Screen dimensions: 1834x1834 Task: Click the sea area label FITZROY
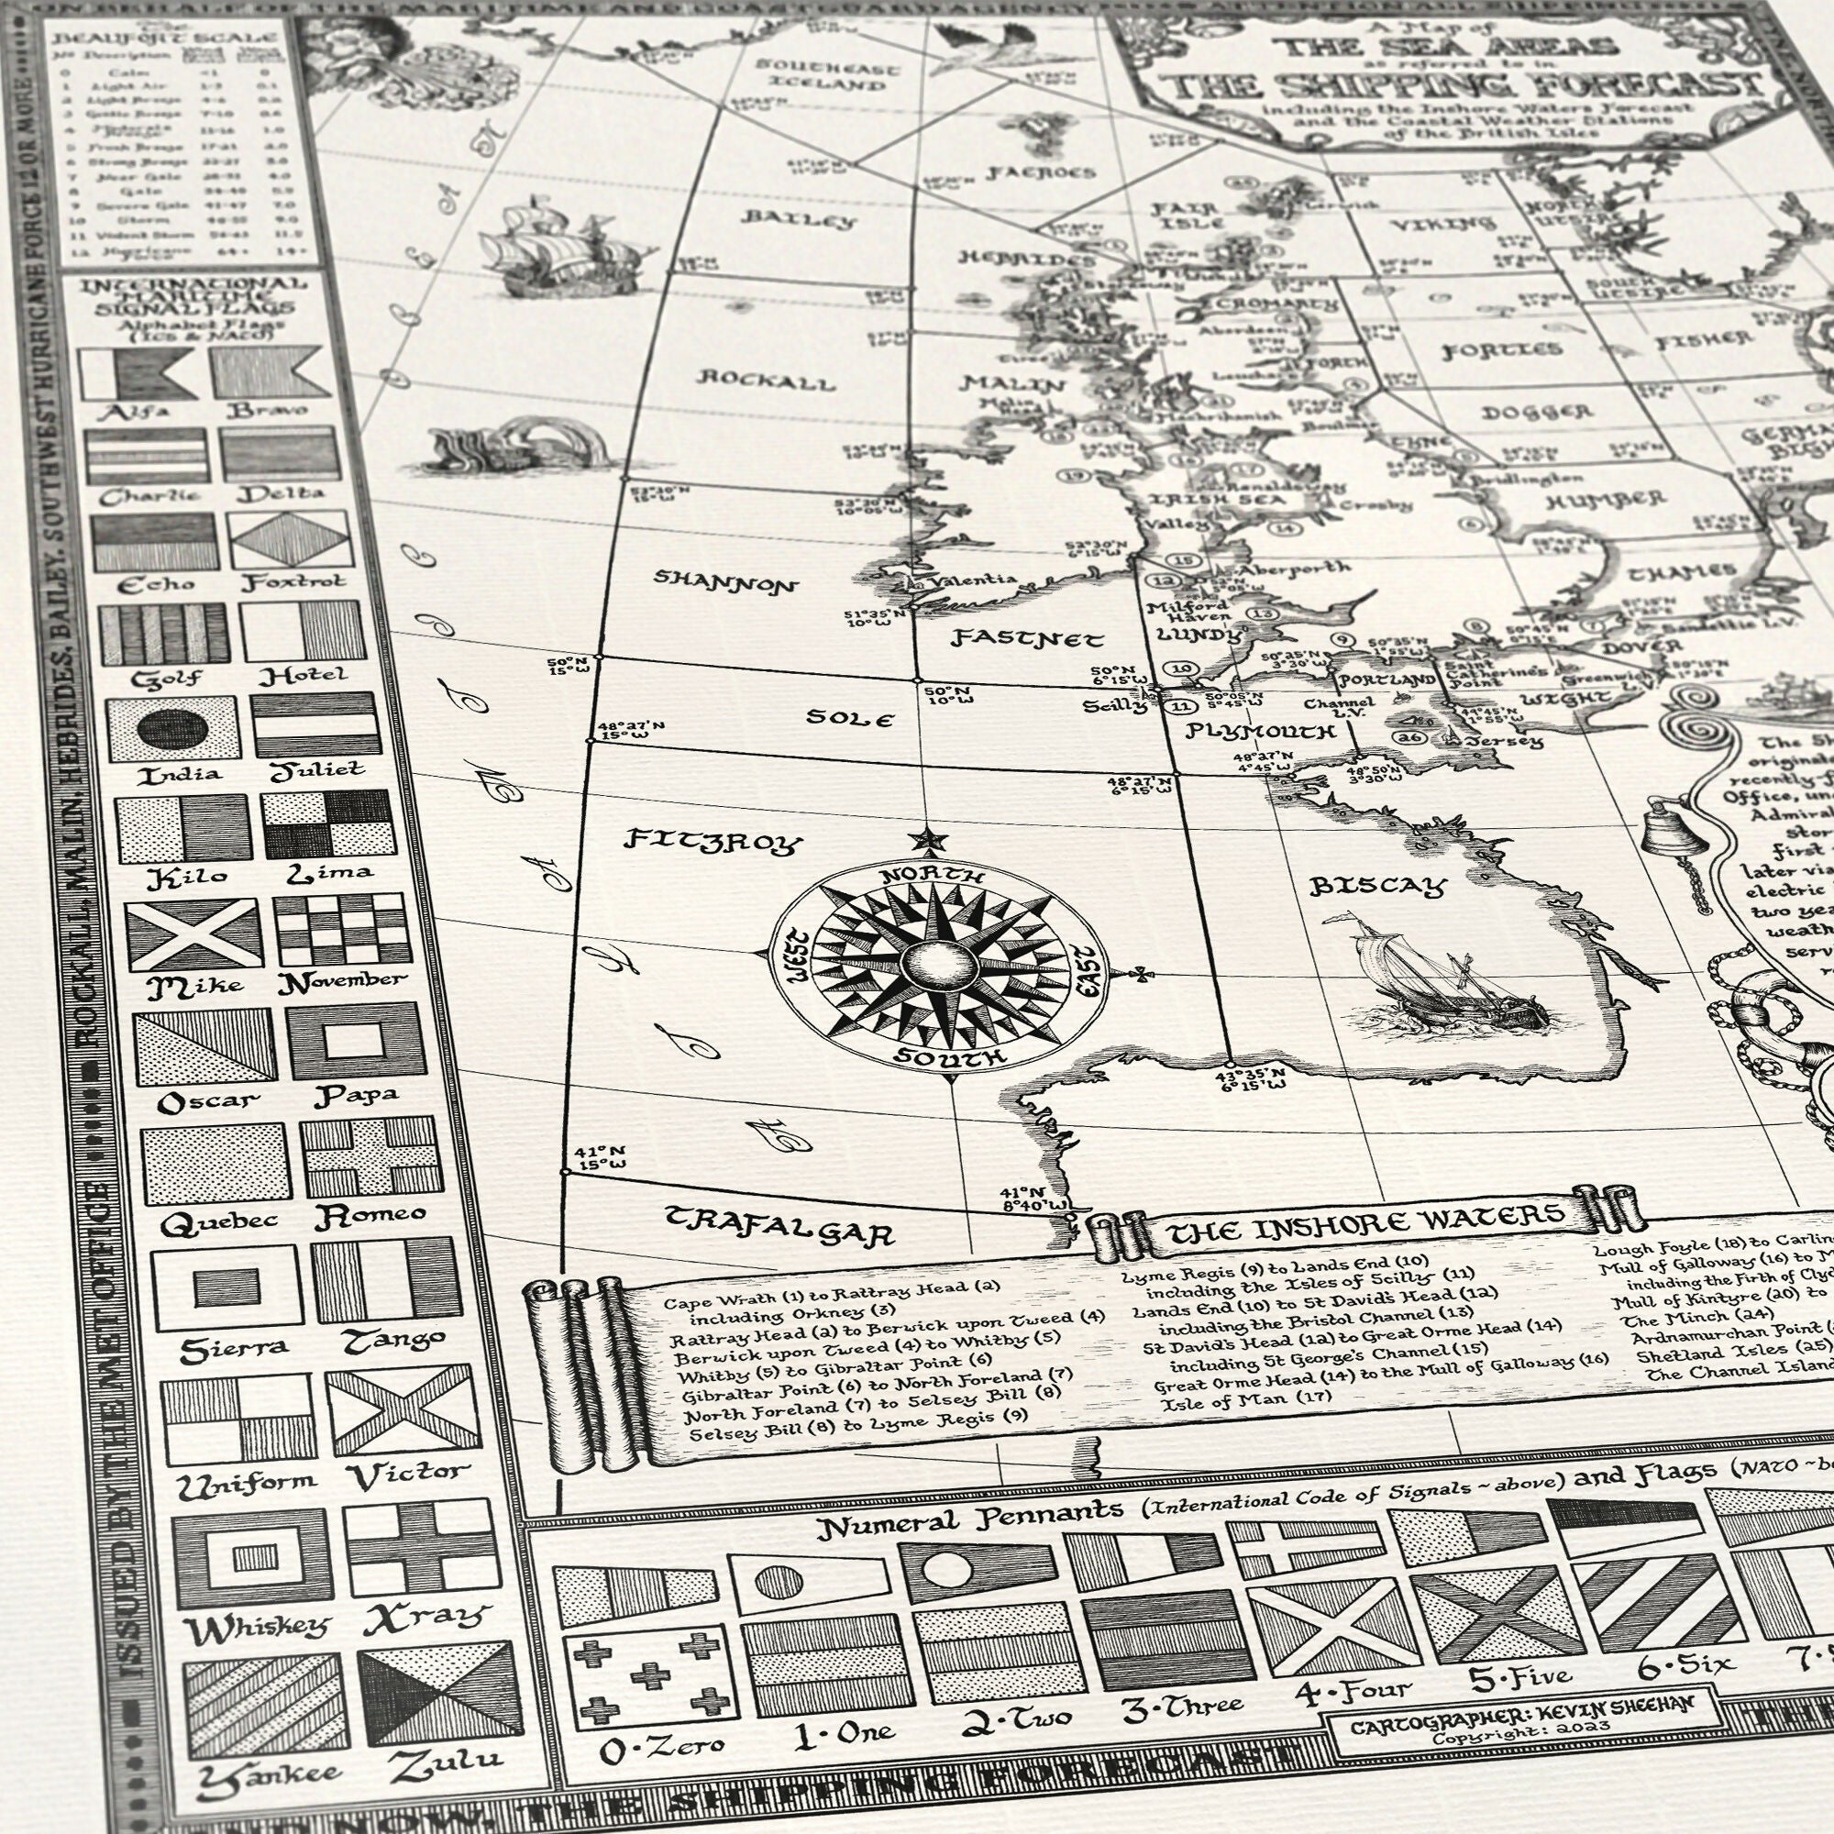(713, 841)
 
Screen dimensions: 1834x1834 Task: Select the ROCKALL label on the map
(766, 380)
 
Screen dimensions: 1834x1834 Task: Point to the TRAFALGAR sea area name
(779, 1225)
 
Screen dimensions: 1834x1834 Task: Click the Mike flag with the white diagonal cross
(194, 934)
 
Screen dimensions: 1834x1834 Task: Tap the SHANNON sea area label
(726, 581)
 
